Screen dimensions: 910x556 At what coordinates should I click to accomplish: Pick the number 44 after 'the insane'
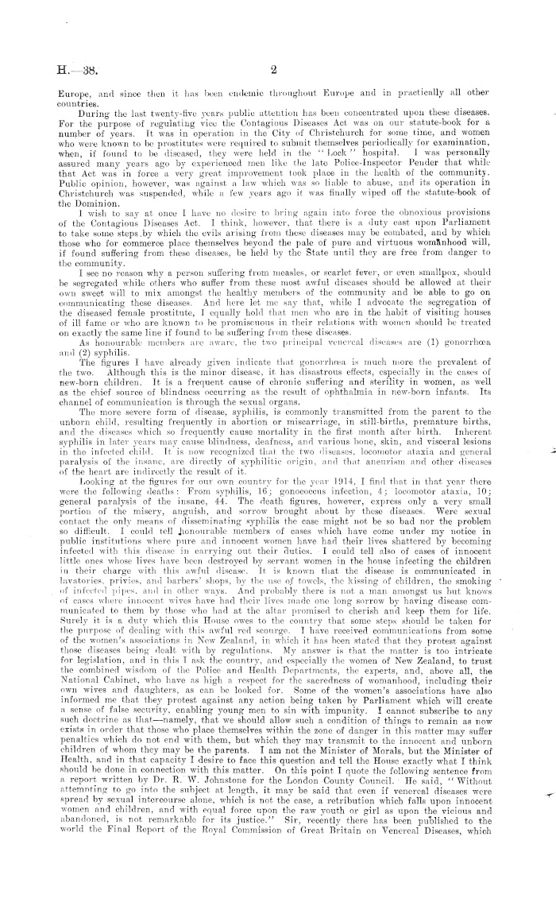(x=178, y=513)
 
